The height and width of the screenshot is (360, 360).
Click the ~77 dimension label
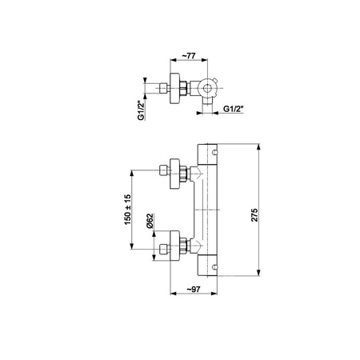click(189, 56)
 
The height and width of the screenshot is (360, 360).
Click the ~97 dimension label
click(193, 290)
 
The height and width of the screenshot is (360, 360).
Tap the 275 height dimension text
click(254, 215)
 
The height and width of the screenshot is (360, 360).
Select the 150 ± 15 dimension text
click(128, 210)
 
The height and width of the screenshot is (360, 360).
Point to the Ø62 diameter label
click(150, 221)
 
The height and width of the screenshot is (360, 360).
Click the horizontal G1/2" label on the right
click(234, 109)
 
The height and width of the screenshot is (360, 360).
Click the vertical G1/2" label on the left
click(141, 110)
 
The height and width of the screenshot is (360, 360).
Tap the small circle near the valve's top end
click(215, 152)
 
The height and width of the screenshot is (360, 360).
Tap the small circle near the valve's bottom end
click(215, 266)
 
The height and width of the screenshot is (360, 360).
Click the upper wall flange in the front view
click(175, 174)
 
